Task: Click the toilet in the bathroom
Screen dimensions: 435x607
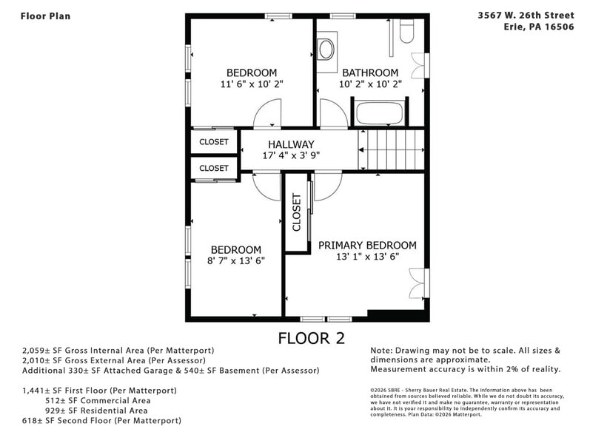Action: [406, 30]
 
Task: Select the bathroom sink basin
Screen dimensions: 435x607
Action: [326, 49]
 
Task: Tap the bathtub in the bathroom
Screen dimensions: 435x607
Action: [378, 115]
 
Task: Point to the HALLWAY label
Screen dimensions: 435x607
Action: [291, 144]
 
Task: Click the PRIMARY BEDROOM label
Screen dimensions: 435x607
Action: [367, 245]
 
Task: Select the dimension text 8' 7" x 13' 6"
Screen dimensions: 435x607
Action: [235, 260]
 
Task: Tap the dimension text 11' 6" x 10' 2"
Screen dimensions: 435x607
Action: [252, 84]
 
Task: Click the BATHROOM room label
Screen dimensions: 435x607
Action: [370, 72]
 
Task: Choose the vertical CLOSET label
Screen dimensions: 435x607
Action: [297, 213]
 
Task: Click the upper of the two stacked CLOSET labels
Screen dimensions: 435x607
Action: [214, 141]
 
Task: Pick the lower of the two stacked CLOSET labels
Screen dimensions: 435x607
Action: [214, 168]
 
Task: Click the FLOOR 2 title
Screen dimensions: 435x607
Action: [311, 338]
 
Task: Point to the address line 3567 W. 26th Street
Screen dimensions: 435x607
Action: [526, 15]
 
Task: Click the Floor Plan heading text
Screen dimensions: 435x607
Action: [45, 16]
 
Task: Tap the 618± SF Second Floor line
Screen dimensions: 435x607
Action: [101, 420]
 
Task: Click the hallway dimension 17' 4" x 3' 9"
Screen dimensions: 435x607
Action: [291, 156]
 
